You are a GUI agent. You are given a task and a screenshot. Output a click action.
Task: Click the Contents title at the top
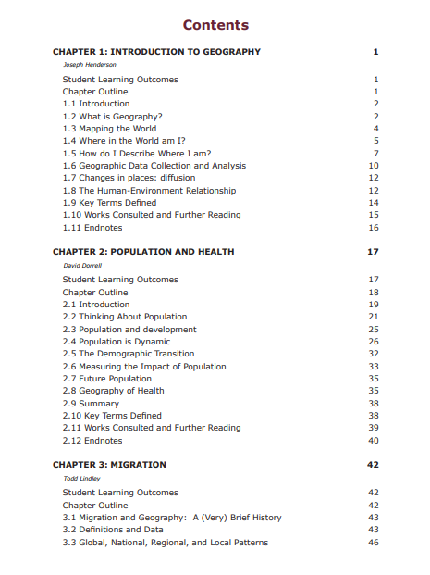pyautogui.click(x=215, y=25)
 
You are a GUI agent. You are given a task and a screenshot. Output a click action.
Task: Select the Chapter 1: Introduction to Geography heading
pyautogui.click(x=156, y=52)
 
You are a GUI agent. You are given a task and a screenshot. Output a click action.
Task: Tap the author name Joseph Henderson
pyautogui.click(x=89, y=65)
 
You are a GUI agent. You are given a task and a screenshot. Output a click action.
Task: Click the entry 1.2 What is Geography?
pyautogui.click(x=113, y=117)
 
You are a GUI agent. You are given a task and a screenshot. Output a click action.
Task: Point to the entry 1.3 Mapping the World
pyautogui.click(x=110, y=129)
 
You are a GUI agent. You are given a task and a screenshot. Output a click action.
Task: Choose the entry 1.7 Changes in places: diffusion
pyautogui.click(x=129, y=178)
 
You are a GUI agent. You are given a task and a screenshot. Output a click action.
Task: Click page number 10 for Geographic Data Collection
pyautogui.click(x=374, y=166)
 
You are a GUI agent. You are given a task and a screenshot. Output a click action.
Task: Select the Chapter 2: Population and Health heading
pyautogui.click(x=143, y=252)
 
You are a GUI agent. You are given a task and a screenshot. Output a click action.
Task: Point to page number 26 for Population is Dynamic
pyautogui.click(x=374, y=342)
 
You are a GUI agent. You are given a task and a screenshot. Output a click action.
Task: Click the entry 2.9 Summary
pyautogui.click(x=91, y=404)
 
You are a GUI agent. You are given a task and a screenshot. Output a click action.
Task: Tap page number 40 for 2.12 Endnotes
pyautogui.click(x=374, y=441)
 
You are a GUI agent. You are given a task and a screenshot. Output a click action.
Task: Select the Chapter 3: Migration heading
pyautogui.click(x=109, y=465)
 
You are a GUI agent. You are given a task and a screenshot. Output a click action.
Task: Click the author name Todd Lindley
pyautogui.click(x=80, y=479)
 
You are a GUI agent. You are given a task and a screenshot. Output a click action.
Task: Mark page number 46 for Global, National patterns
pyautogui.click(x=374, y=543)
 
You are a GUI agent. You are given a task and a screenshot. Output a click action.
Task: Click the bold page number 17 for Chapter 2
pyautogui.click(x=374, y=252)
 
